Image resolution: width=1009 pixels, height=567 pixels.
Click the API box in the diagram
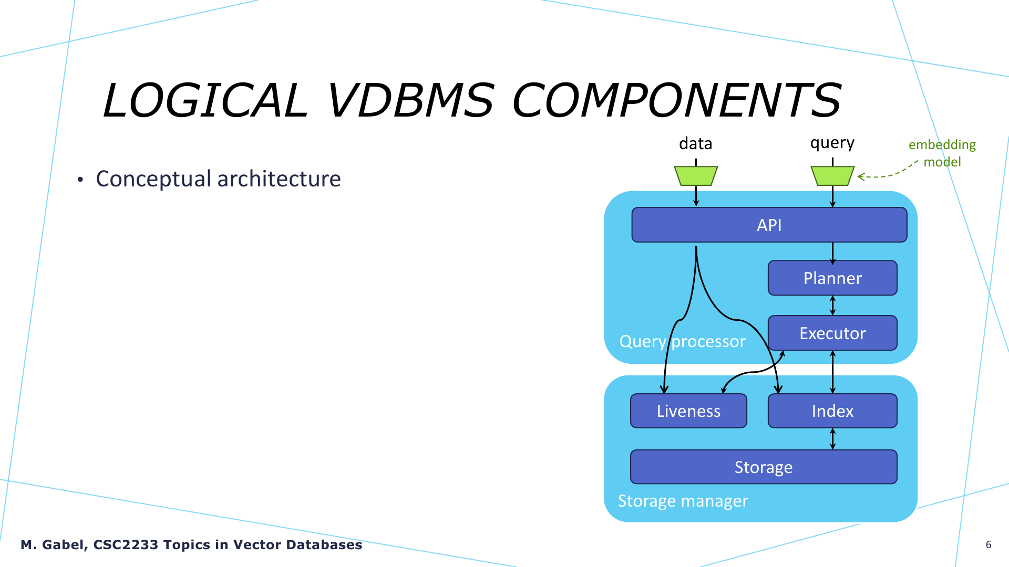(769, 225)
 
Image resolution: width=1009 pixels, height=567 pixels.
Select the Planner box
(832, 278)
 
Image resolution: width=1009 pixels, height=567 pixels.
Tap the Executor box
(832, 333)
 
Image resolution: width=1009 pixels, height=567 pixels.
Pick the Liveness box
(688, 411)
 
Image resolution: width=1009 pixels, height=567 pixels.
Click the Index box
(832, 411)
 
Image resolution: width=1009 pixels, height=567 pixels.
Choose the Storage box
(764, 467)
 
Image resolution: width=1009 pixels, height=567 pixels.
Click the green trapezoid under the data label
(696, 176)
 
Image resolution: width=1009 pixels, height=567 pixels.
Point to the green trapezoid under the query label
(832, 176)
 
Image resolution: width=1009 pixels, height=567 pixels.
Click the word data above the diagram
(696, 143)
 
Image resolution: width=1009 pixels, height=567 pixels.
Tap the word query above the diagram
(832, 143)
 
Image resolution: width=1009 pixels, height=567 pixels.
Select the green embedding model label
(942, 153)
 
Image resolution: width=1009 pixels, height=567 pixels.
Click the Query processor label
(683, 341)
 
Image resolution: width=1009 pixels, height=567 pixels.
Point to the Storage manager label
(683, 501)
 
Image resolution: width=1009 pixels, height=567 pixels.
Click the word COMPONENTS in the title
(677, 100)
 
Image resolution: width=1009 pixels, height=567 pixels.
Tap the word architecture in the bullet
(279, 178)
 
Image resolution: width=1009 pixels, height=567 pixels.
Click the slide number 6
(989, 544)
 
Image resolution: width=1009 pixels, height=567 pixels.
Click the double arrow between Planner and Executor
(832, 306)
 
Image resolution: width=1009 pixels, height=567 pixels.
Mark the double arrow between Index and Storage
(832, 439)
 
